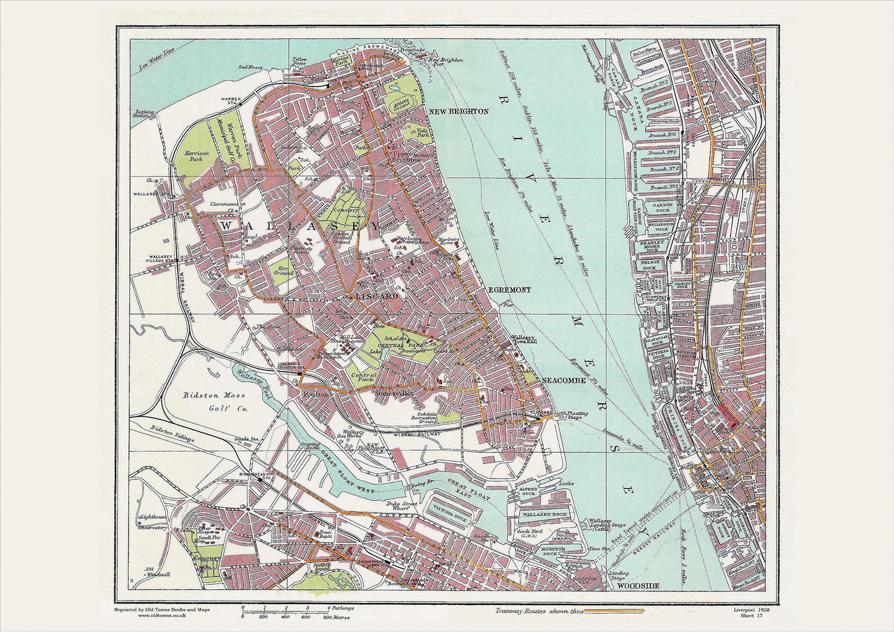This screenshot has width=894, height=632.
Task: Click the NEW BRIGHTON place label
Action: pyautogui.click(x=458, y=111)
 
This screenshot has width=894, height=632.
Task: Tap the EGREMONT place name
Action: pyautogui.click(x=509, y=289)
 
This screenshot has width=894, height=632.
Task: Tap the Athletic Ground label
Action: pyautogui.click(x=402, y=106)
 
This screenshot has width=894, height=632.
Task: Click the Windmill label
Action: pyautogui.click(x=159, y=574)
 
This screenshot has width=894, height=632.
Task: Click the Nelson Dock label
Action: pyautogui.click(x=649, y=262)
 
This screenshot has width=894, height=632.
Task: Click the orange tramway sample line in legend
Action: pyautogui.click(x=615, y=611)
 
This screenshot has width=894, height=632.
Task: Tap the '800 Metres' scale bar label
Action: pyautogui.click(x=337, y=617)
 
